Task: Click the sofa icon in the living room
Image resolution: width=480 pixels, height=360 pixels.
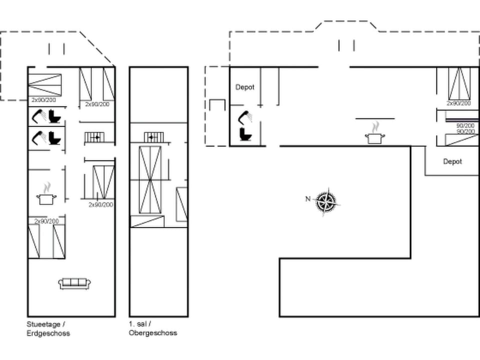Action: tap(74, 283)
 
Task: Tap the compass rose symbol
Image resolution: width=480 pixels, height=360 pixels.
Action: tap(326, 202)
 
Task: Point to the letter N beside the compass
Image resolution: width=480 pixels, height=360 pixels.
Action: tap(308, 199)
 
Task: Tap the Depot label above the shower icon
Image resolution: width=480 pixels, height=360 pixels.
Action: tap(245, 87)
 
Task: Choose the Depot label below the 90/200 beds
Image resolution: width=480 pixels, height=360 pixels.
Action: tap(452, 161)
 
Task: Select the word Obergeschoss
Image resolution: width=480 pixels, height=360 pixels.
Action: tap(152, 332)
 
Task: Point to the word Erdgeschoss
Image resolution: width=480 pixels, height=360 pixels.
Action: tap(48, 332)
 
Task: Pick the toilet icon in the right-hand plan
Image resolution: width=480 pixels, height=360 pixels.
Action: tap(245, 134)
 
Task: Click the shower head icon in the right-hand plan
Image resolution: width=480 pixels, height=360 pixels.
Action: tap(245, 118)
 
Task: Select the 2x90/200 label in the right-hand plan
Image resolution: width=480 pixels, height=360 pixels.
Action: tap(458, 103)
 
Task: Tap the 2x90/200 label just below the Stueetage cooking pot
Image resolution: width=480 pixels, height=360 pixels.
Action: tap(46, 221)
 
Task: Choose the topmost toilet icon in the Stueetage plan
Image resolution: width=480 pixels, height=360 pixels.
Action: tap(54, 117)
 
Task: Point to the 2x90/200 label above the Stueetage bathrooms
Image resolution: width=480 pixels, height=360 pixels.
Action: tap(44, 100)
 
